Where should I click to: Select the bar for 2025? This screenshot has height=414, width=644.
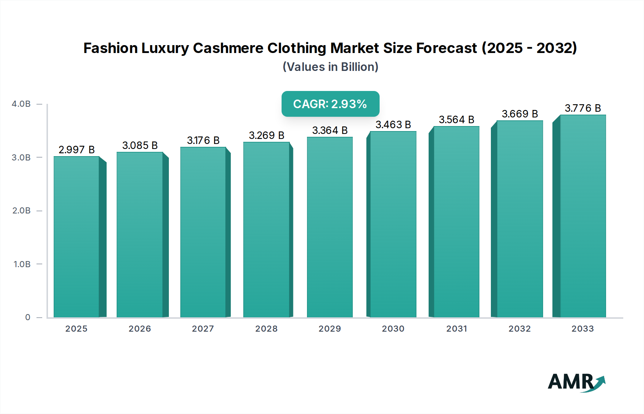coord(77,236)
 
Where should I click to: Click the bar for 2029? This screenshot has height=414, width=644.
coord(330,227)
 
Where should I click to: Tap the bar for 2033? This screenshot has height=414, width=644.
coord(583,216)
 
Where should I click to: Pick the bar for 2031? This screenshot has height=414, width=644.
coord(457,222)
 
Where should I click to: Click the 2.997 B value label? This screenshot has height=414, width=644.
coord(77,150)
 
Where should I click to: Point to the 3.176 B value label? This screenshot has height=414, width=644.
coord(203,140)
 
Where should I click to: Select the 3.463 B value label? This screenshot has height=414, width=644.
coord(393,125)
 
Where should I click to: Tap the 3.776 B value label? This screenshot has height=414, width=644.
coord(583,108)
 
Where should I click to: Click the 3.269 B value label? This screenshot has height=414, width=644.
coord(267,135)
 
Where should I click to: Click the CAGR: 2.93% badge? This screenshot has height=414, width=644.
coord(330,104)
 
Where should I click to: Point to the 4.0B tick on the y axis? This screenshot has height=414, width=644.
coord(21,104)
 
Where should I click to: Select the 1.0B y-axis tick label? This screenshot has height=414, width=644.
coord(22,264)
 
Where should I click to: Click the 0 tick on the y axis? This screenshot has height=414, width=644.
coord(28,317)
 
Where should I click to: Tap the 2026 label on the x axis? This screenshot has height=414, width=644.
coord(140,329)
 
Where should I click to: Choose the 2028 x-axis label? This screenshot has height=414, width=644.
coord(267,329)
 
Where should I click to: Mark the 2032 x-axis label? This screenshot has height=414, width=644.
coord(520,329)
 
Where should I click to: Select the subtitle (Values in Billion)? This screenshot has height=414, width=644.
coord(330,67)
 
